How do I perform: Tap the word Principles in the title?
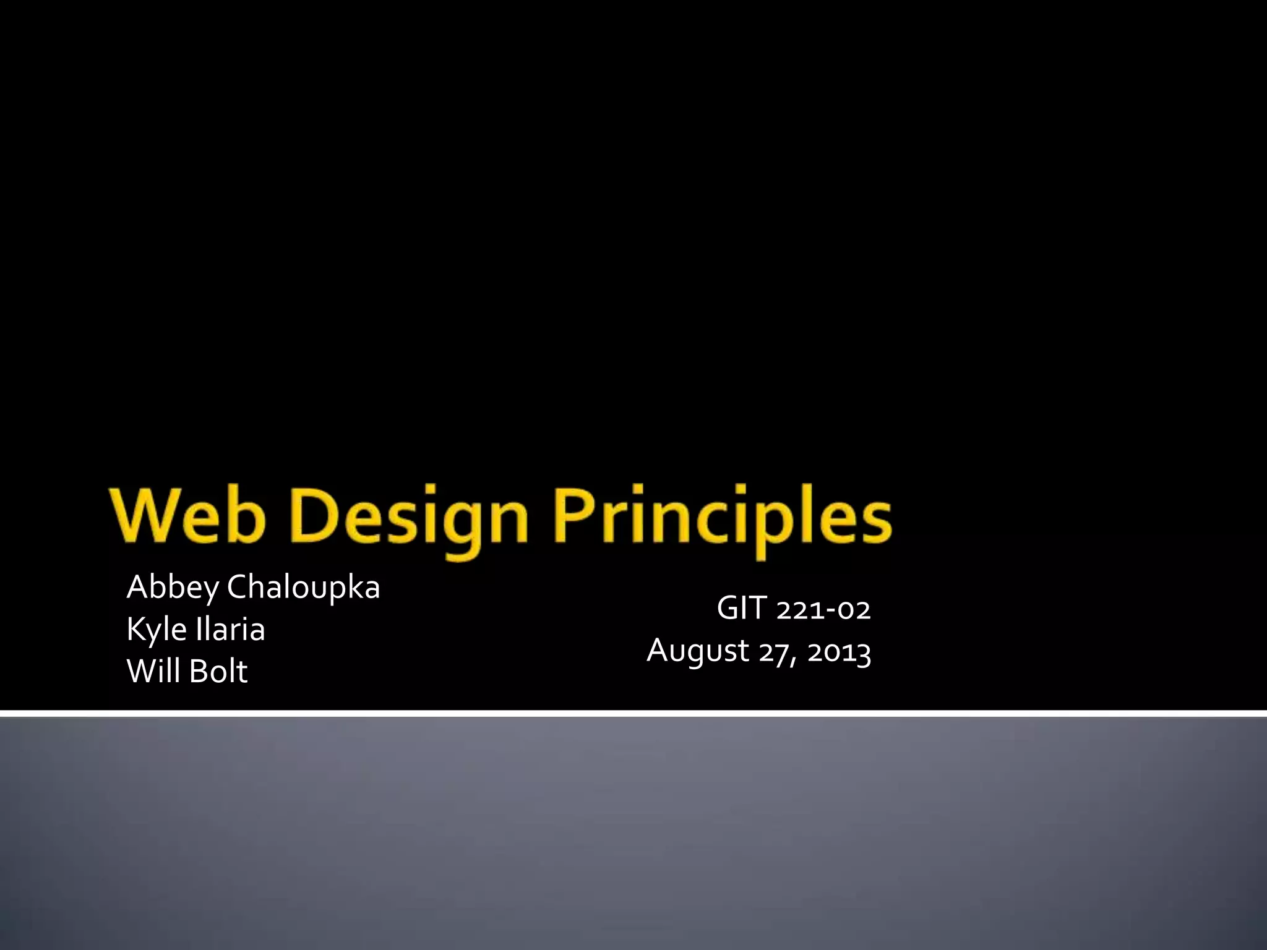(x=721, y=520)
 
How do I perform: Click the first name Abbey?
(x=173, y=588)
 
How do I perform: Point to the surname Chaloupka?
(x=303, y=588)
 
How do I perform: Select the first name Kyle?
(x=157, y=630)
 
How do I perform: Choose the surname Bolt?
(x=218, y=671)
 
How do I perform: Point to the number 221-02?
(x=823, y=610)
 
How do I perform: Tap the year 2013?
(x=839, y=653)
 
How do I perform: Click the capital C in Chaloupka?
(x=238, y=587)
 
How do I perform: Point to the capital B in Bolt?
(x=199, y=671)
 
